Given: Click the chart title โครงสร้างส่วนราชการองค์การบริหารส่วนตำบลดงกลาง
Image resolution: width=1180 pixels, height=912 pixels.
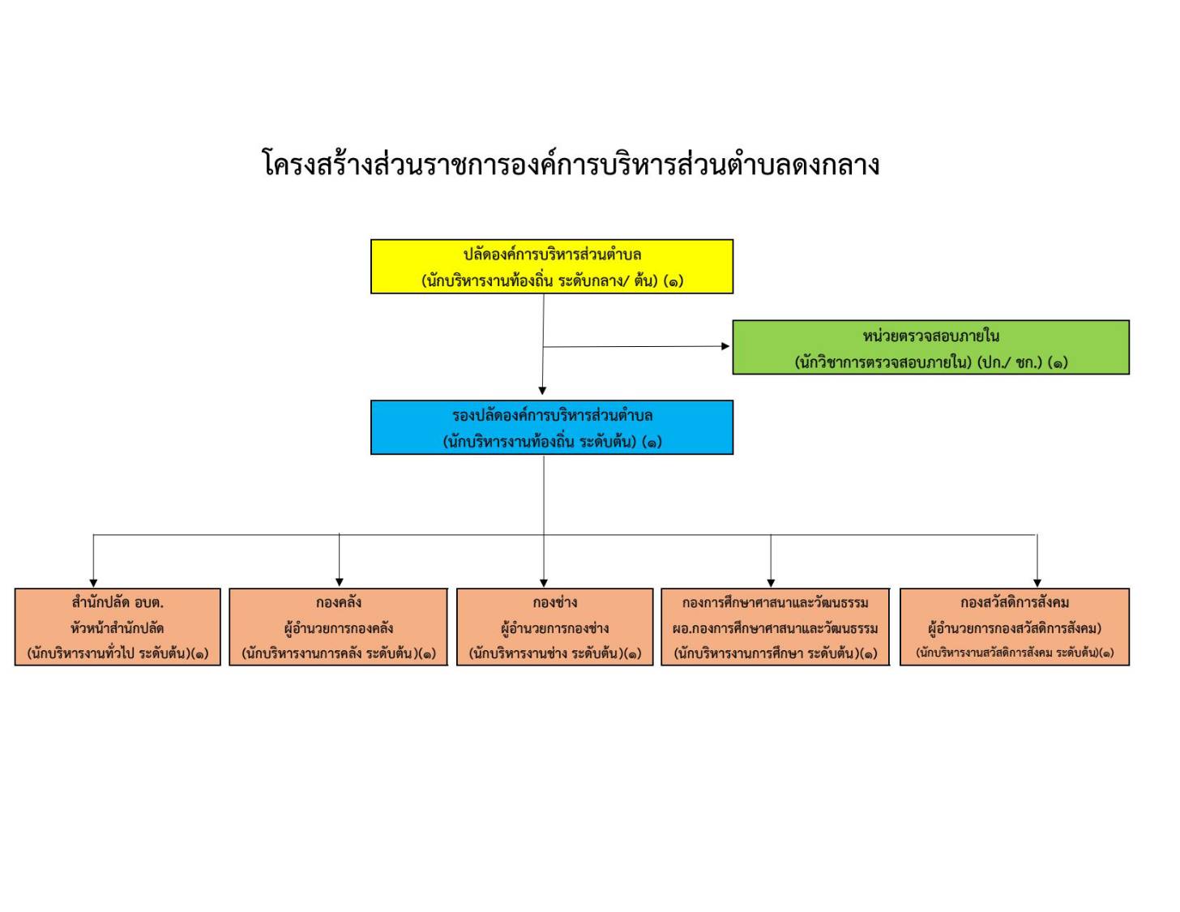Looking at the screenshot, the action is click(x=571, y=163).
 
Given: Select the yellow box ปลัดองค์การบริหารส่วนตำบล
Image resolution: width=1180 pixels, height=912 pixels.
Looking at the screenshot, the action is click(x=552, y=267).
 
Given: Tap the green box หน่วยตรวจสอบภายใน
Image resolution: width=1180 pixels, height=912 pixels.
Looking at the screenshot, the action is click(x=930, y=347).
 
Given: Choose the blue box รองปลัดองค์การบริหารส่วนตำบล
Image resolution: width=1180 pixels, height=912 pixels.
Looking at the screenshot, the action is click(x=552, y=427).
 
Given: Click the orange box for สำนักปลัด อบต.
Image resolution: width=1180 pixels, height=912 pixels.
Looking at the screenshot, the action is click(x=118, y=627).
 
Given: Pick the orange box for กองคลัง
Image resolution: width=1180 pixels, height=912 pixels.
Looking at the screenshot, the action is click(x=338, y=627).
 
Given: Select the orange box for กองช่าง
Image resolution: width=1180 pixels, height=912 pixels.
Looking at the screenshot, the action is click(x=554, y=627).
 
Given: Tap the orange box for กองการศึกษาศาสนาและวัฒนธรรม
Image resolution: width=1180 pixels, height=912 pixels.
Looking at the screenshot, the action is click(x=775, y=627).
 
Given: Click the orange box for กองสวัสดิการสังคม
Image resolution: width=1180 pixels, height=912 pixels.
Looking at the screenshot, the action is click(x=1015, y=627).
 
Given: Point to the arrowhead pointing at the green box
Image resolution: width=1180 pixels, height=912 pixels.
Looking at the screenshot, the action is click(x=725, y=346).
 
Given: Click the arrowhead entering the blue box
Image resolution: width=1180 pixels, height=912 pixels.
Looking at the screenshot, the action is click(x=542, y=391).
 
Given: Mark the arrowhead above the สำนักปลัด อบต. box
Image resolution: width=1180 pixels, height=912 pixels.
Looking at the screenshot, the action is click(x=93, y=583).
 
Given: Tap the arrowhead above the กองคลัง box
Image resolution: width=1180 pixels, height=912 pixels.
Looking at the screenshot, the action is click(x=340, y=583).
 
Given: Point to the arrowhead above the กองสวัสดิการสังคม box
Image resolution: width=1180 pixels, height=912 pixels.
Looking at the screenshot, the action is click(x=1037, y=583).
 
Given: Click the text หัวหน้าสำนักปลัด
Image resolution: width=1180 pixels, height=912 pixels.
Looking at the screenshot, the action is click(x=117, y=628).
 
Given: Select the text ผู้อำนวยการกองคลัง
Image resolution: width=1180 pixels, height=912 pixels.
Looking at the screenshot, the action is click(x=338, y=628).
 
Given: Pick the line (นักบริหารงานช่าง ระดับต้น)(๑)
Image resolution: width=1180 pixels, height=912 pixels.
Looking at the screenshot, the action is click(x=555, y=653).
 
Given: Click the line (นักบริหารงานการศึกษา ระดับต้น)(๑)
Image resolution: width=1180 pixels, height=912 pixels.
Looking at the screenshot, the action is click(x=776, y=653).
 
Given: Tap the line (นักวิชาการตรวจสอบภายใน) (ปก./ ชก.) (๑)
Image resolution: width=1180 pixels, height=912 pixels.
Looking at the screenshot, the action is click(x=931, y=362).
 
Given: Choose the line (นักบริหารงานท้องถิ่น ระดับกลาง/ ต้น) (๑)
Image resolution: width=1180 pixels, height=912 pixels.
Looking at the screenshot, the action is click(x=552, y=280).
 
